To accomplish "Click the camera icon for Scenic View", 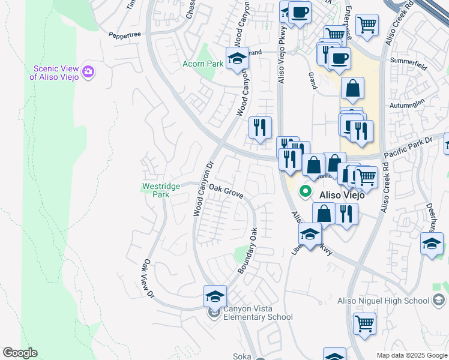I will tap(89, 72).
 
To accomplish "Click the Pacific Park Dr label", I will tap(405, 146).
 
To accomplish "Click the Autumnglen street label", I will tap(408, 104).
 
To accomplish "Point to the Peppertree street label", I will tap(124, 35).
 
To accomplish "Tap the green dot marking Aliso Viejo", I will tap(305, 192).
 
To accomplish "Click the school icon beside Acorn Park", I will tap(237, 59).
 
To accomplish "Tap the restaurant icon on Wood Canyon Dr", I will tap(260, 128).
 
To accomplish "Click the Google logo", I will tap(20, 353).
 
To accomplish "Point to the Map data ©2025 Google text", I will tap(412, 355).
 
